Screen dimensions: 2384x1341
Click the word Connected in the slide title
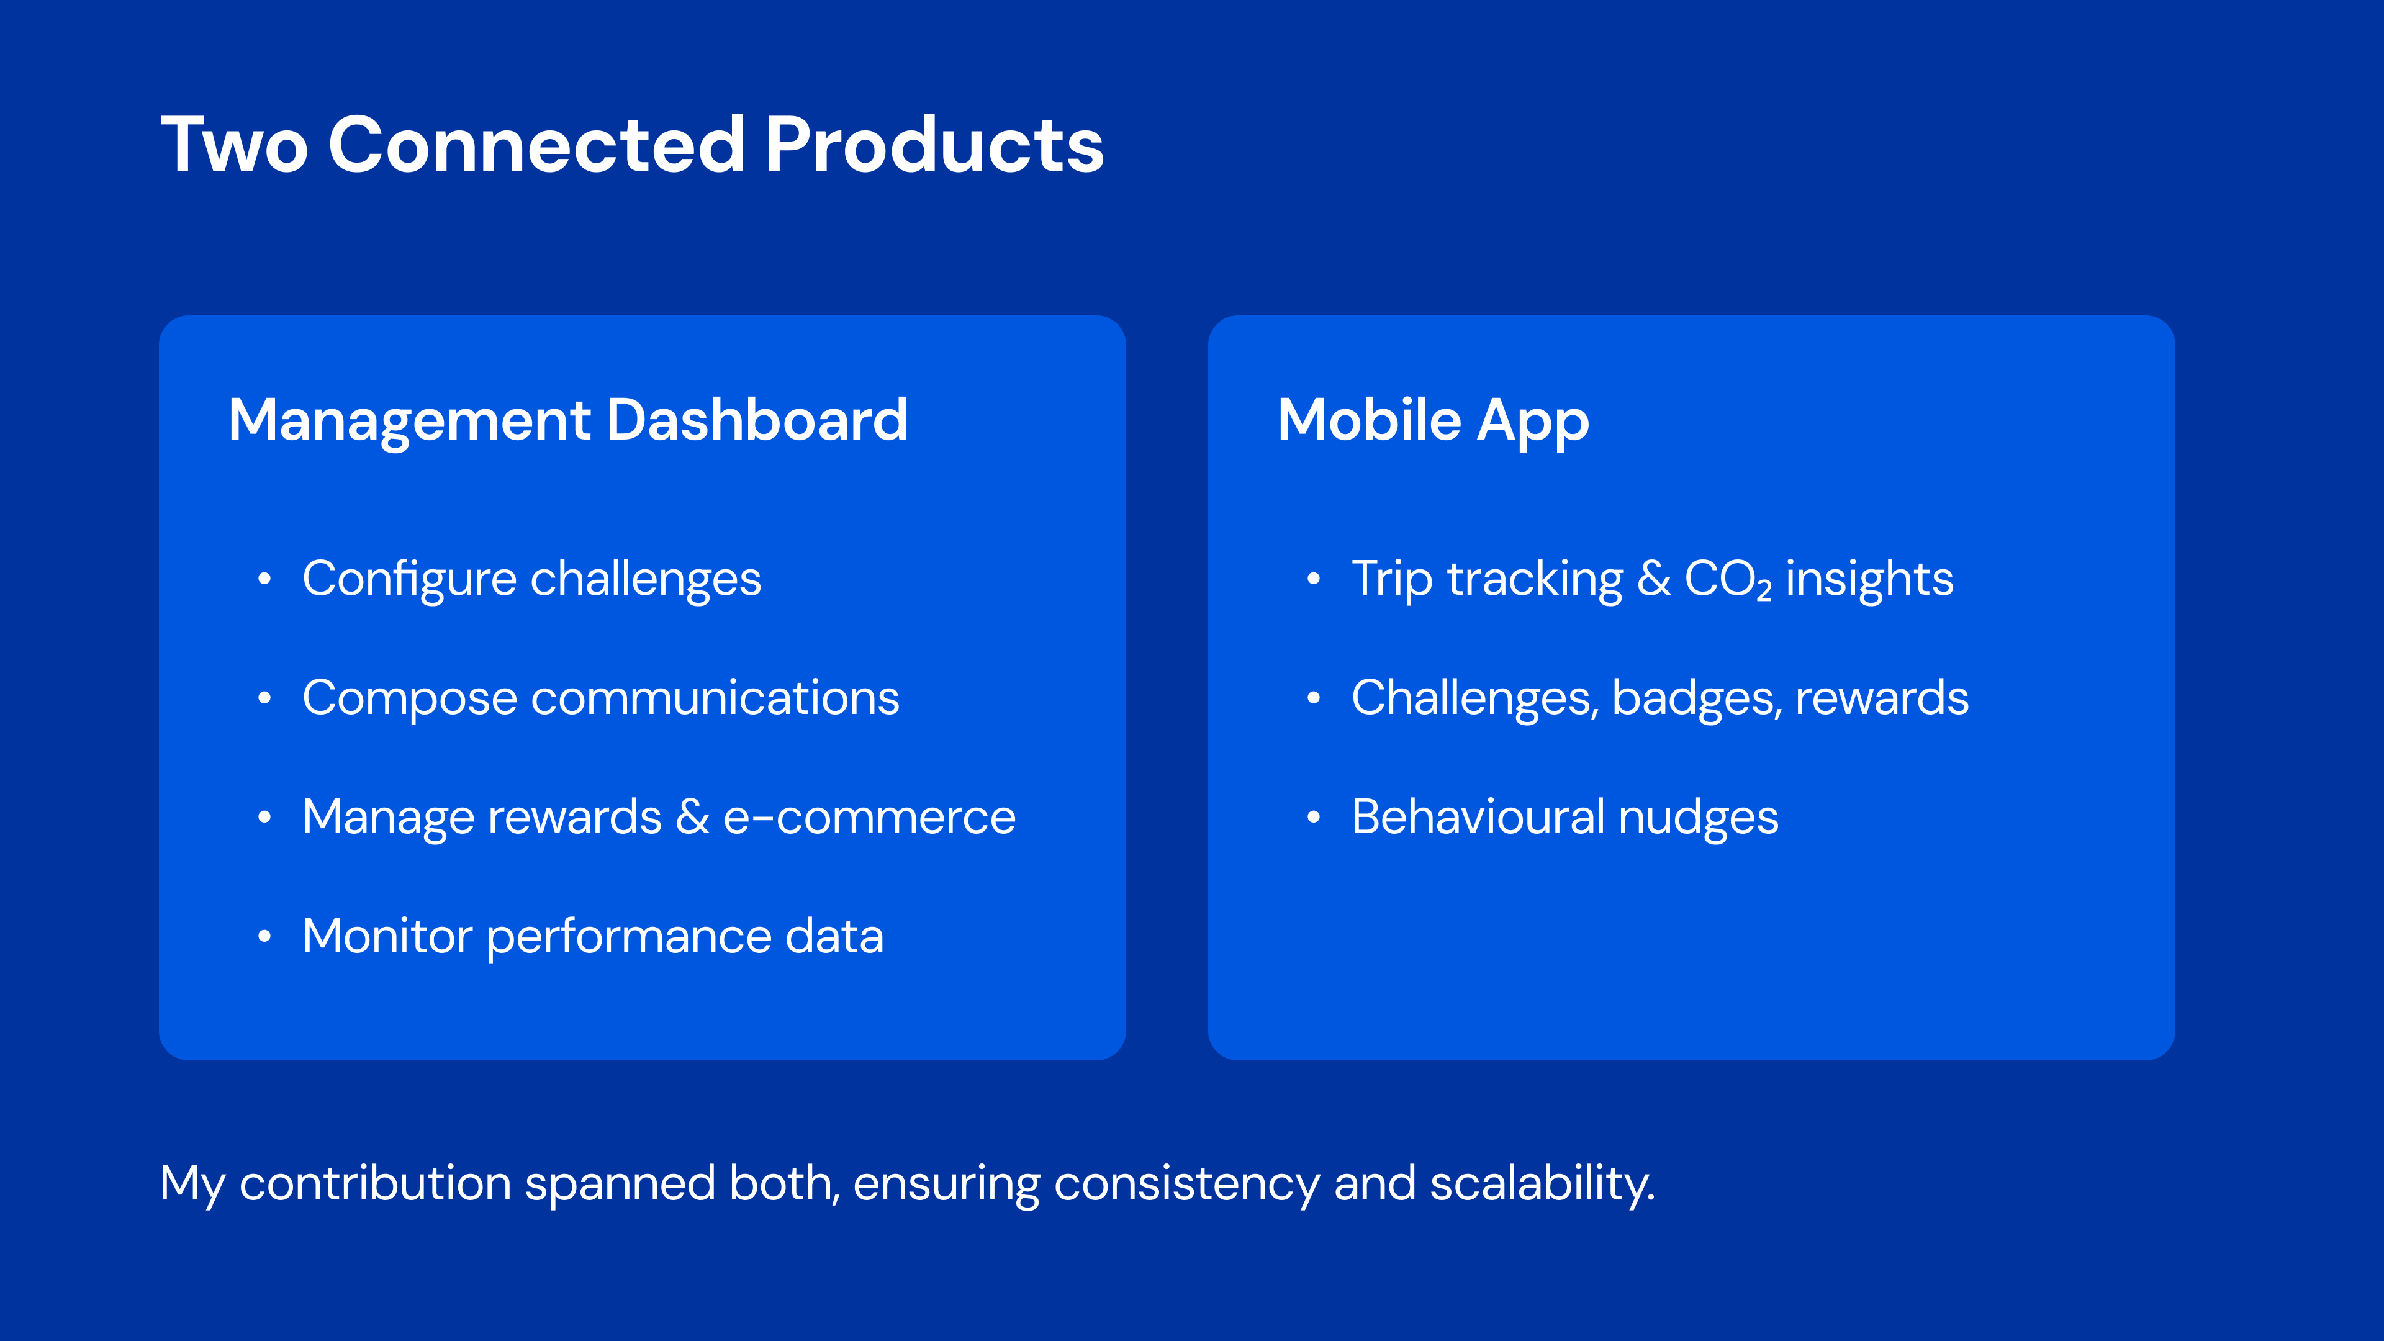tap(537, 145)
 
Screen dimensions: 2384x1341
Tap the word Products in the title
tap(935, 145)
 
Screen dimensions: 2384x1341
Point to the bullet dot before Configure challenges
tap(264, 579)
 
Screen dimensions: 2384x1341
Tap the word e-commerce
tap(869, 818)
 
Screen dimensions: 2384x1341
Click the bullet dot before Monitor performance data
tap(264, 937)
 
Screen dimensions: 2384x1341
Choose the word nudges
tap(1698, 819)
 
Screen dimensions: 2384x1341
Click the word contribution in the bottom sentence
tap(375, 1184)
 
